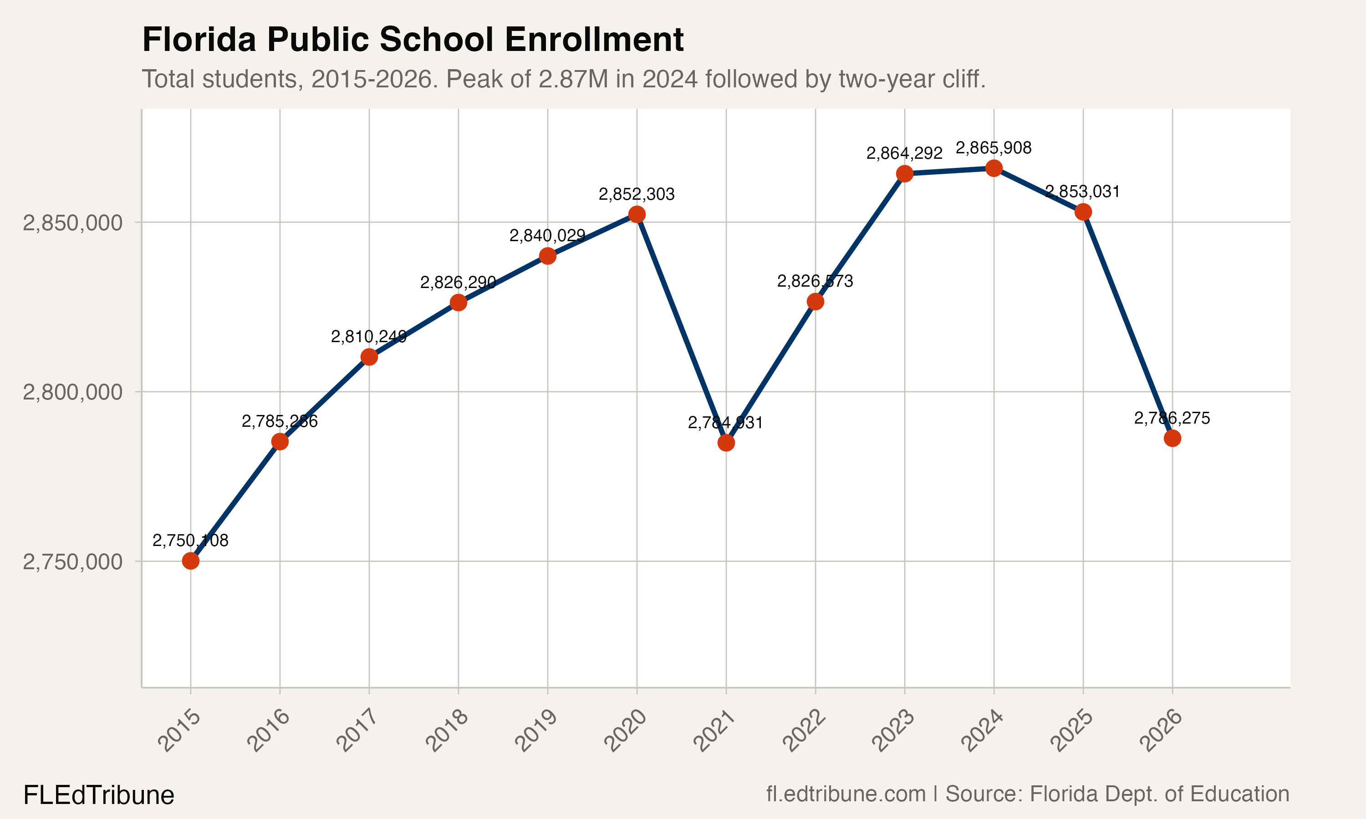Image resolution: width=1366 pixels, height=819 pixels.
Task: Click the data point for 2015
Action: pos(190,561)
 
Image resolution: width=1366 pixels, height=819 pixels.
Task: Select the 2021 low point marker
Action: pos(726,443)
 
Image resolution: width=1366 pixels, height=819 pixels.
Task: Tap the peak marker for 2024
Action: pos(994,168)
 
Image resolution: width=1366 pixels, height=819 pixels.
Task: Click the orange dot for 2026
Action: pos(1172,438)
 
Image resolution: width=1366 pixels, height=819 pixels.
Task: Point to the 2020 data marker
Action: pos(637,214)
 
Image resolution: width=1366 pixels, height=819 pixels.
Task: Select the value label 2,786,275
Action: pos(1172,418)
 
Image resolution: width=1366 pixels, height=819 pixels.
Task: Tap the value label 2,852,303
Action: pos(636,194)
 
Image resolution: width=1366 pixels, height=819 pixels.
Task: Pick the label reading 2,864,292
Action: pos(904,153)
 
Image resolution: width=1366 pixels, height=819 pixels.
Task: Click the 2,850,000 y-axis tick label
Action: pos(72,223)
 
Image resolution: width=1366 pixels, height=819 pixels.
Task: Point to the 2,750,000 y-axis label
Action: pos(72,562)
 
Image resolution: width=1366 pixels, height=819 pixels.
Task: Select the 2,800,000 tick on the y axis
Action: pos(72,392)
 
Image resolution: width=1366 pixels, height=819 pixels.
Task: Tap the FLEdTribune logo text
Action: pos(99,795)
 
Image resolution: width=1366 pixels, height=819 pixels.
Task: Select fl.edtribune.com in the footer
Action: pos(846,794)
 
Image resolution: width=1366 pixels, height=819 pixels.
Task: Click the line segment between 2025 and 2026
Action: pos(1127,325)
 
